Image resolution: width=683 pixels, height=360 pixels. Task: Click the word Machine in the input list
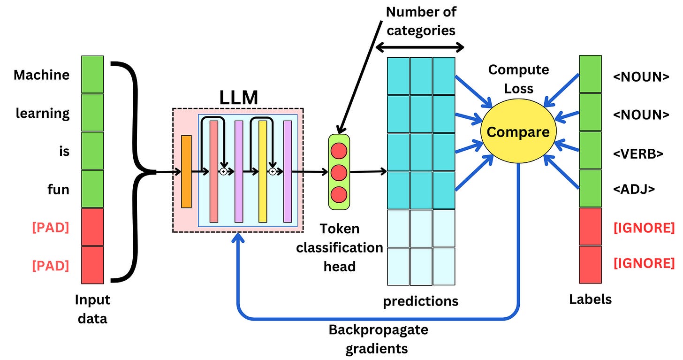(42, 75)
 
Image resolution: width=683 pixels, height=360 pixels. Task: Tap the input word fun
(58, 190)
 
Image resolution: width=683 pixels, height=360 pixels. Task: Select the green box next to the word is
(92, 151)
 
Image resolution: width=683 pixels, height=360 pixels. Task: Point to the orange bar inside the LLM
(186, 171)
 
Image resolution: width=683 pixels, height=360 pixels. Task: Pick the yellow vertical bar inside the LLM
(263, 171)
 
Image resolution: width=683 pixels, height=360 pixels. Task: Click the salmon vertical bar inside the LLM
(214, 171)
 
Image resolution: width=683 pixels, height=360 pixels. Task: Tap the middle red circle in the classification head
(339, 172)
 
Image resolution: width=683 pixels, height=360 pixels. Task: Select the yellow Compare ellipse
(518, 132)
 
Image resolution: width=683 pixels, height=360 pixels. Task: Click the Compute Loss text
(518, 79)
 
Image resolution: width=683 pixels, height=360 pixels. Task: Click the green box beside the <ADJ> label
(590, 189)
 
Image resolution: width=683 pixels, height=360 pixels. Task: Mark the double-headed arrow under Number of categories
(420, 47)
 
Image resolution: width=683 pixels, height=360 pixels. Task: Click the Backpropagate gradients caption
(378, 338)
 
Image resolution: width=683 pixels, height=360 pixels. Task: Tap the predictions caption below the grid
(420, 300)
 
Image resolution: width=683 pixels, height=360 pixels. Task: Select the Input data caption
(92, 309)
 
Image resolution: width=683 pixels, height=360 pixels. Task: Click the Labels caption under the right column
(590, 299)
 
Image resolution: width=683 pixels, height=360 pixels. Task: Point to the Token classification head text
(339, 247)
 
